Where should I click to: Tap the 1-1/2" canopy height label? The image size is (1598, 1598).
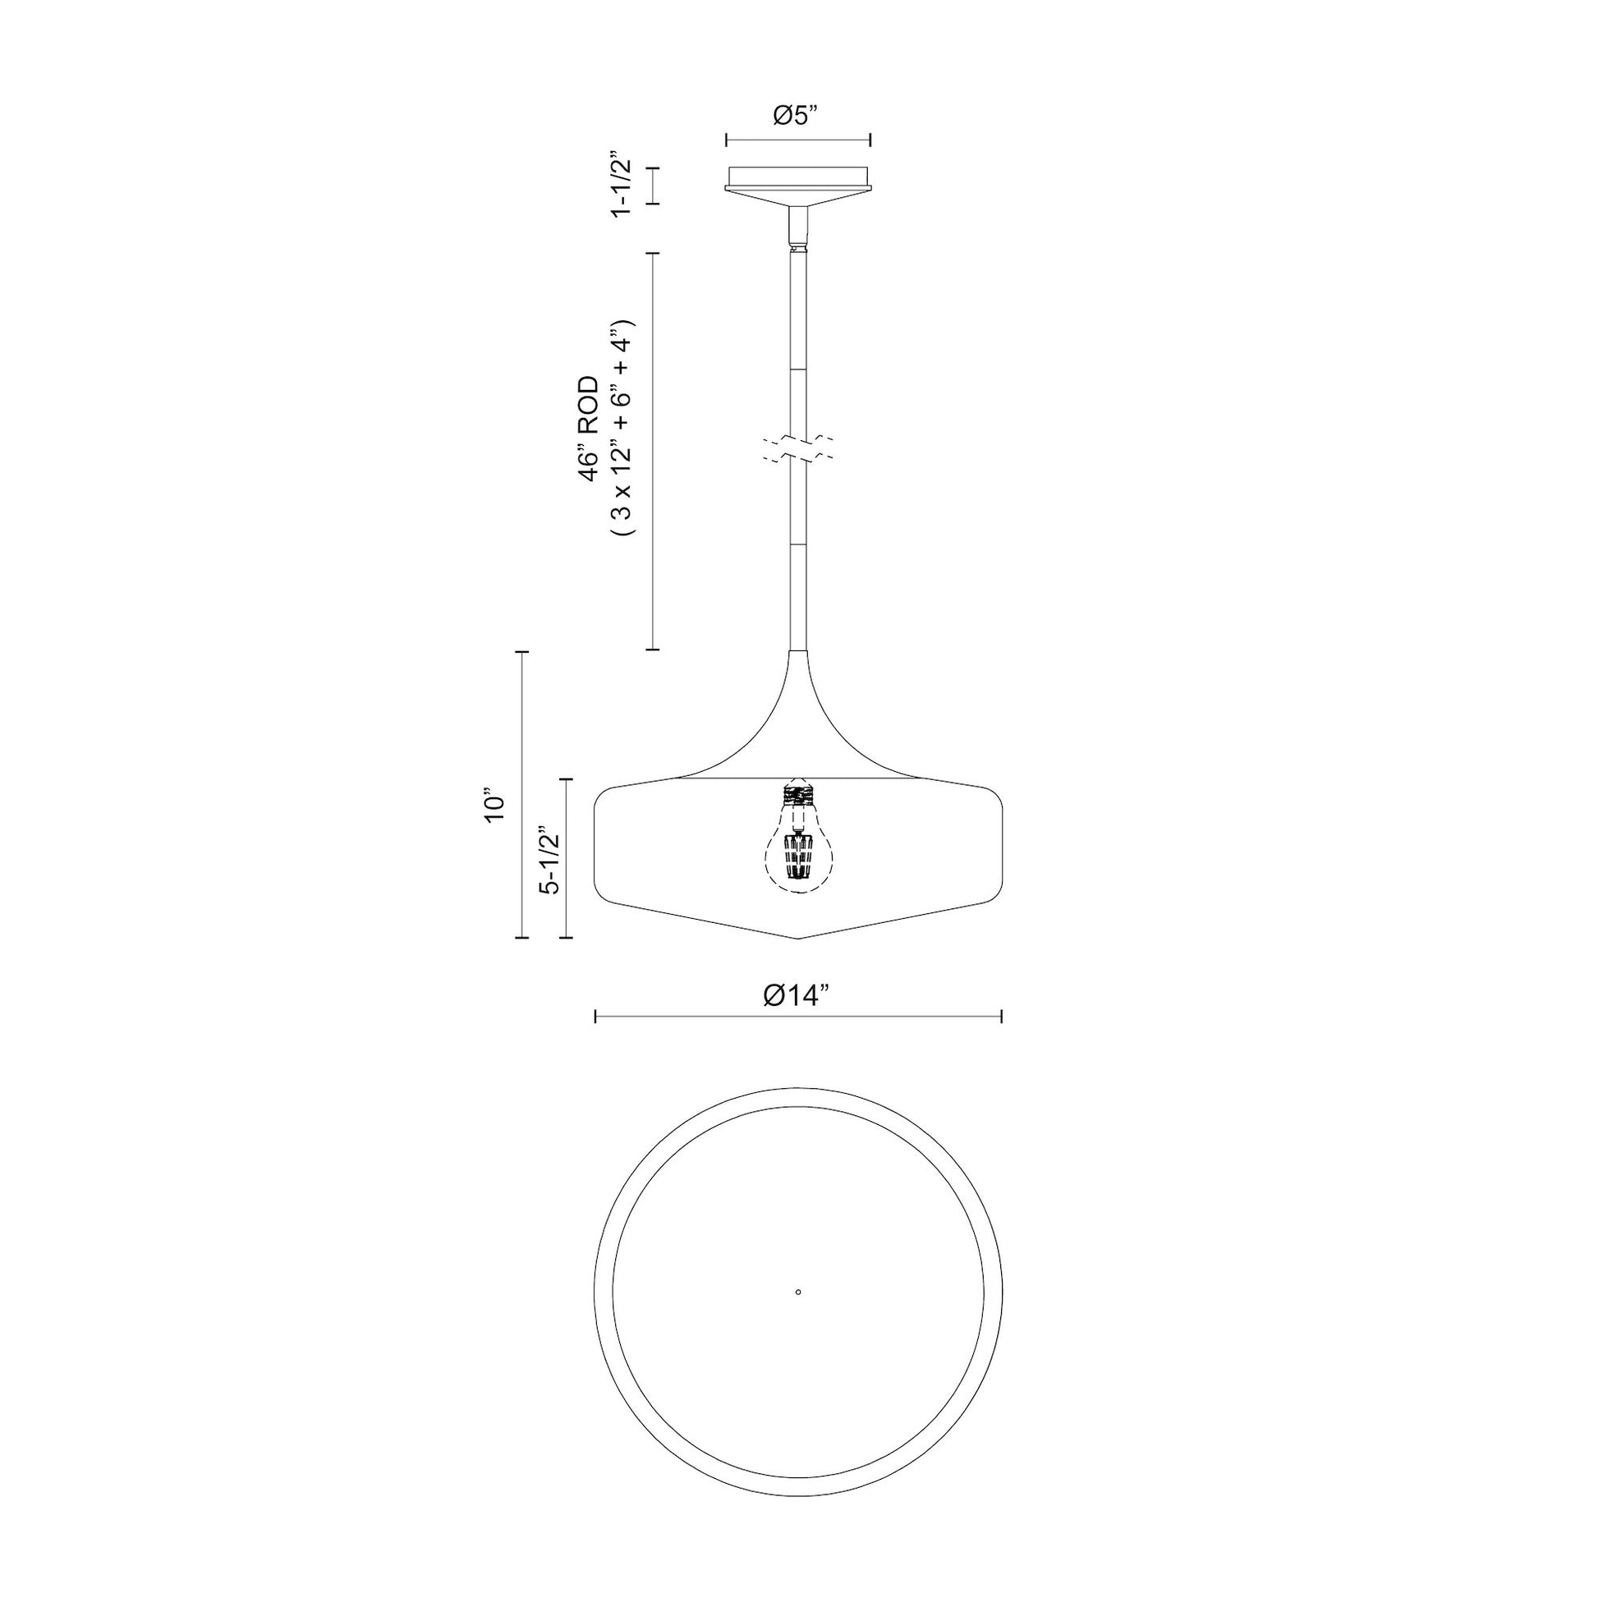(622, 185)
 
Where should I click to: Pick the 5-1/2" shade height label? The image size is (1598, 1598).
(550, 861)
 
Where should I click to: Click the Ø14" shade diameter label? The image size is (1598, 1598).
(796, 996)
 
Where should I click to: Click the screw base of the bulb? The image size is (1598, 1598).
(798, 796)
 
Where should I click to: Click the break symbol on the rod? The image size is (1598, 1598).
(798, 448)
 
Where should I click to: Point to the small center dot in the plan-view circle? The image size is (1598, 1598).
(798, 1315)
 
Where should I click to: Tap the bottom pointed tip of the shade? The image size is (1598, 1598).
(798, 938)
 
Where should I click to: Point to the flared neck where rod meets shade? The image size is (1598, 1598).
(798, 703)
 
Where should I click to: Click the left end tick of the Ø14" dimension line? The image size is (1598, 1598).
(596, 1016)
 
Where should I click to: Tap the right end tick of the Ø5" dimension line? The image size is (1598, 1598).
(871, 140)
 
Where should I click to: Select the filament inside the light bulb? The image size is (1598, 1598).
(798, 856)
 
